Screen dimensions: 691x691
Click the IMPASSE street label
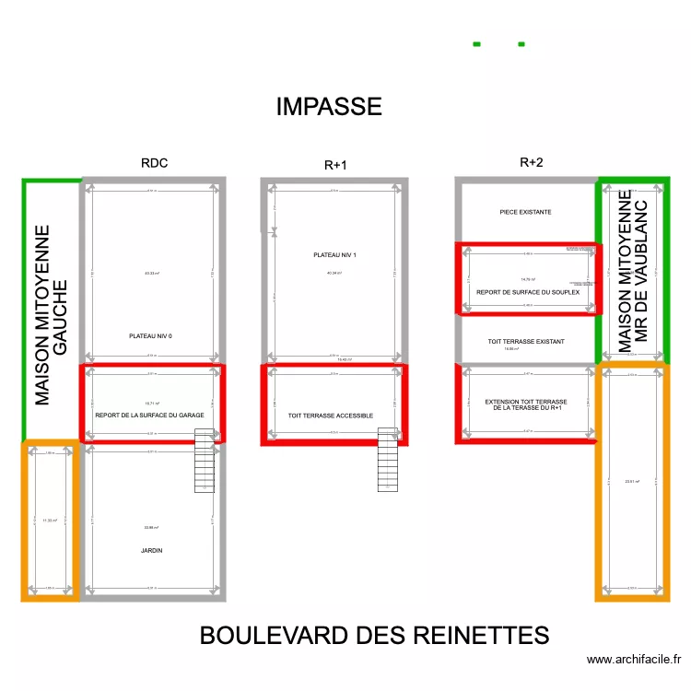pyautogui.click(x=329, y=107)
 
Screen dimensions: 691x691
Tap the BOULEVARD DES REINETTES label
pyautogui.click(x=374, y=636)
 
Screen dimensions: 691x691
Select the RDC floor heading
pyautogui.click(x=154, y=163)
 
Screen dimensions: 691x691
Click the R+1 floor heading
pyautogui.click(x=335, y=166)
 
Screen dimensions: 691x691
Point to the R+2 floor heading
pyautogui.click(x=532, y=163)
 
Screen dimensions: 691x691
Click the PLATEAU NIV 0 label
pyautogui.click(x=150, y=336)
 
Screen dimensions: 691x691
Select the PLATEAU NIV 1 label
pyautogui.click(x=334, y=255)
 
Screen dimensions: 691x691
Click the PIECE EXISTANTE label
pyautogui.click(x=525, y=212)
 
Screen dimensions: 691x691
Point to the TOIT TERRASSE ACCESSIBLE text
pyautogui.click(x=331, y=416)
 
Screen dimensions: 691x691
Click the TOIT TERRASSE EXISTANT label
pyautogui.click(x=526, y=342)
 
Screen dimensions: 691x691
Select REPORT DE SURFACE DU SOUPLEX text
pyautogui.click(x=526, y=293)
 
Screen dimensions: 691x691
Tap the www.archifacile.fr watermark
pyautogui.click(x=633, y=660)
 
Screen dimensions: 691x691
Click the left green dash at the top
pyautogui.click(x=476, y=43)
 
